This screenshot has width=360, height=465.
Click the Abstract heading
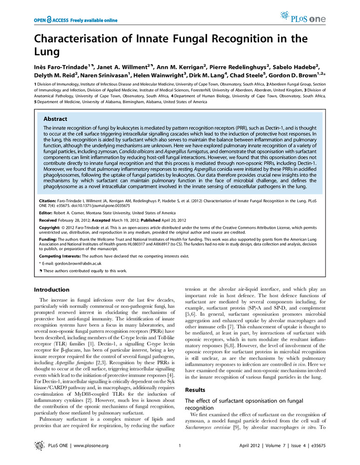pos(55,119)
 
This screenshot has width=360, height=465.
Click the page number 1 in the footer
pos(180,446)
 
